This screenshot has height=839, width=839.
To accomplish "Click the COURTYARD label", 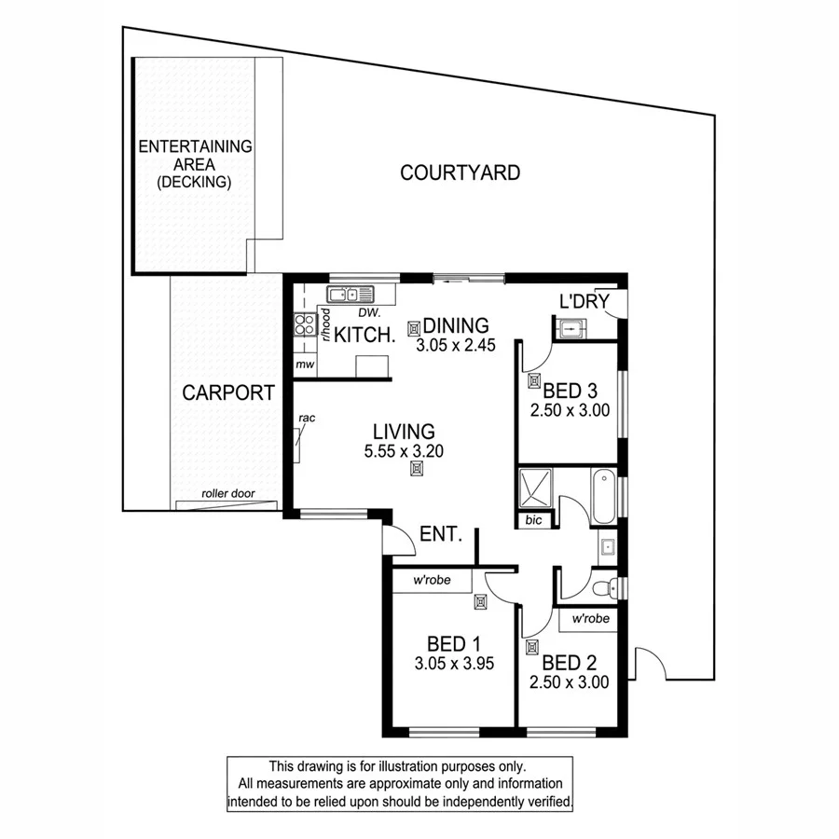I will point(460,172).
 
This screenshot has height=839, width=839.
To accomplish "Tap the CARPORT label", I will point(228,392).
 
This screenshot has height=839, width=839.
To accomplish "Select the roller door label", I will point(228,494).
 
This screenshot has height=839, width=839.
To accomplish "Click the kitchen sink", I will point(343,296).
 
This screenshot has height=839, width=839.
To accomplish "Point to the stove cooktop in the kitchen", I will point(304,324).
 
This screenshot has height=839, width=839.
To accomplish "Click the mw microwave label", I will point(304,364).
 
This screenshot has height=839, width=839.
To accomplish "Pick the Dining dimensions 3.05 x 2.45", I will point(458,345).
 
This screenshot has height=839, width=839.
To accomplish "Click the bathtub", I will point(603,500).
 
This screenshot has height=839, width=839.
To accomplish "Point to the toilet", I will point(605,587).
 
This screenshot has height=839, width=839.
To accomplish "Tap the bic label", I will point(533,520).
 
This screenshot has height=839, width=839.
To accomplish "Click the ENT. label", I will point(442,534).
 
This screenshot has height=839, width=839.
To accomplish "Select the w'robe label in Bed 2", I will point(590,619).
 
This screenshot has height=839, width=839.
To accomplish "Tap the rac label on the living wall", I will point(308,419).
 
